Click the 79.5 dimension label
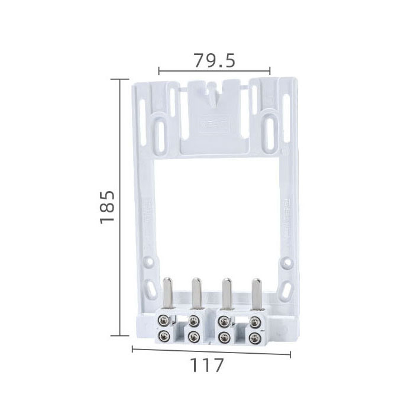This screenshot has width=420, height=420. (214, 60)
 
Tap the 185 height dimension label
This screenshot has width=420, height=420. (107, 207)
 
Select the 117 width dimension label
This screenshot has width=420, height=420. (206, 365)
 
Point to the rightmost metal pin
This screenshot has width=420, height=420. (257, 293)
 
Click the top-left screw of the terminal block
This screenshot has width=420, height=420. (163, 320)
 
